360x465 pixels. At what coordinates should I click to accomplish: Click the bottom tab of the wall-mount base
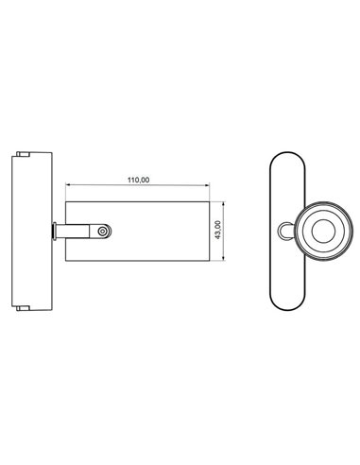[x=26, y=307]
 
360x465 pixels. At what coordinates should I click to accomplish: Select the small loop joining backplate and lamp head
[x=287, y=229]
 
